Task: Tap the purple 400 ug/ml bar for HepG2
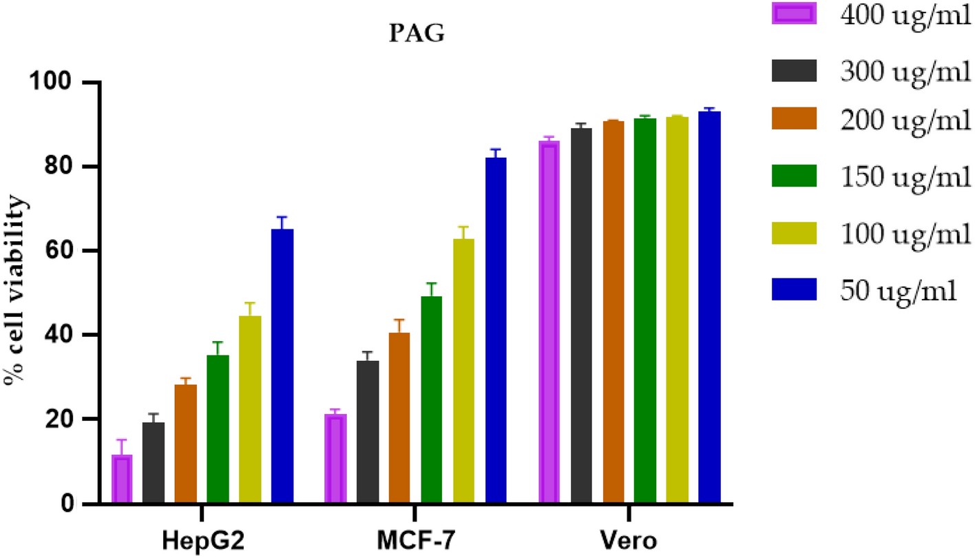122,479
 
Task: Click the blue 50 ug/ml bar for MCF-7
496,331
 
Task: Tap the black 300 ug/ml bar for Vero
581,316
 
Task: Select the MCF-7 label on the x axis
415,541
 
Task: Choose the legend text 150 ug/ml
905,176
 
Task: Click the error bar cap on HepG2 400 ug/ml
122,440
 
